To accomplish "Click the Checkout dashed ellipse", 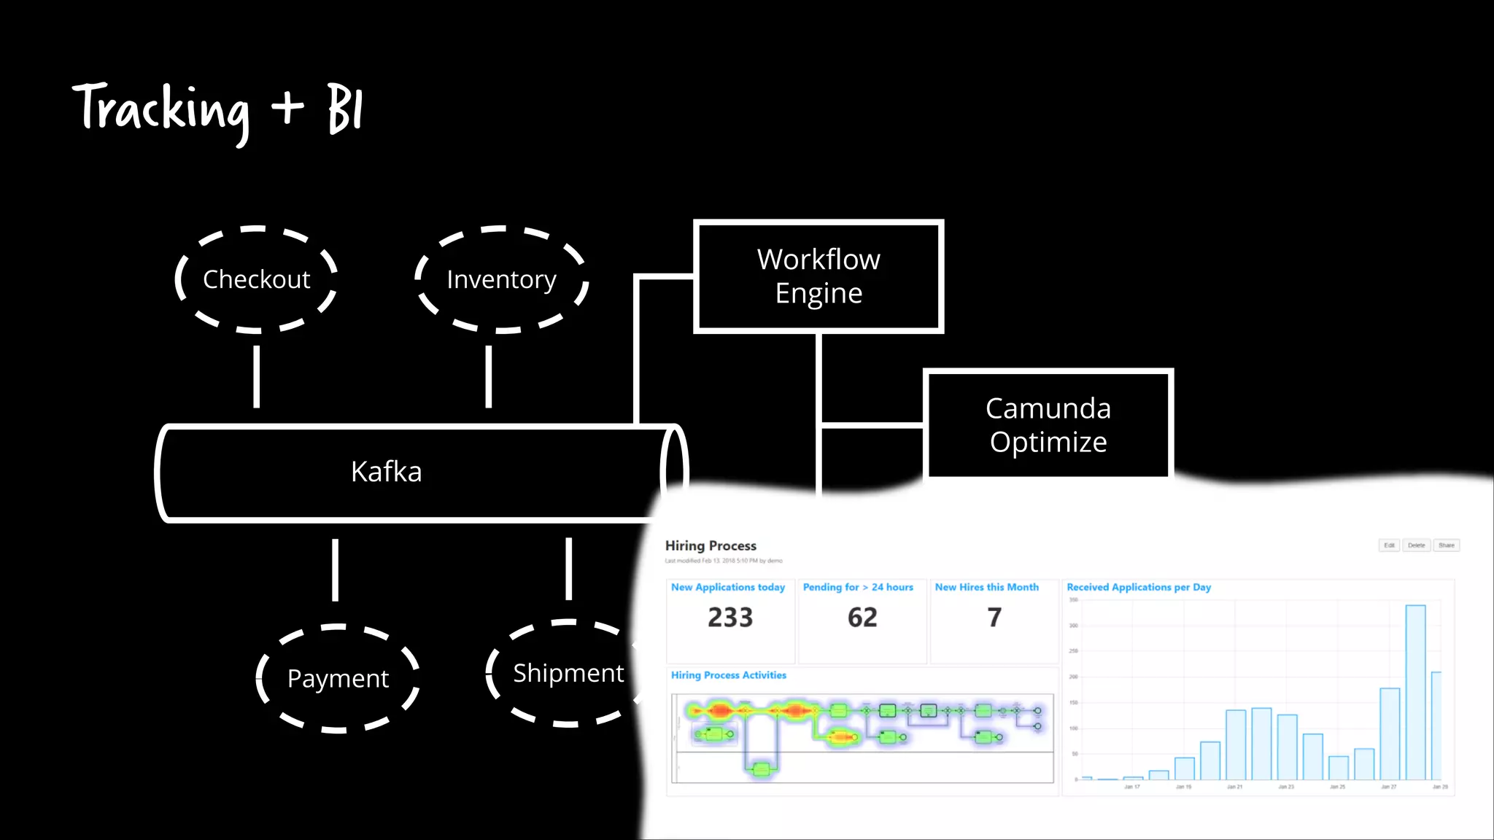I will (x=256, y=279).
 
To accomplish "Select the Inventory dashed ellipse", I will (x=501, y=279).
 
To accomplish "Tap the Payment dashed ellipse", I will (x=338, y=678).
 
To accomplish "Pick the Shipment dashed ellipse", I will (x=568, y=673).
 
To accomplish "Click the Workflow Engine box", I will (x=818, y=276).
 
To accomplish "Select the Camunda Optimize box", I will (x=1048, y=425).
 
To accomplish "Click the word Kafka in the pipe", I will (x=386, y=472).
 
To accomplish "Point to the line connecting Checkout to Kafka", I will (x=256, y=376).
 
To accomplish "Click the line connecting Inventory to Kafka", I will (x=489, y=376).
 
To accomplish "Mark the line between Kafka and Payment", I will (x=335, y=569).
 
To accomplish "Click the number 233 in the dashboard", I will (x=730, y=618).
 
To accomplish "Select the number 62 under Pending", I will (x=862, y=618).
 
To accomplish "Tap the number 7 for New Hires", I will (x=994, y=618).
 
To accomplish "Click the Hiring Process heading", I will (x=711, y=545).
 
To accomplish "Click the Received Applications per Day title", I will (x=1139, y=587).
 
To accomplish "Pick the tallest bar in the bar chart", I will (x=1415, y=693).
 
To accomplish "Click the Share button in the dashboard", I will (x=1446, y=545).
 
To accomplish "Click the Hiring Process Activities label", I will (x=729, y=675).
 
